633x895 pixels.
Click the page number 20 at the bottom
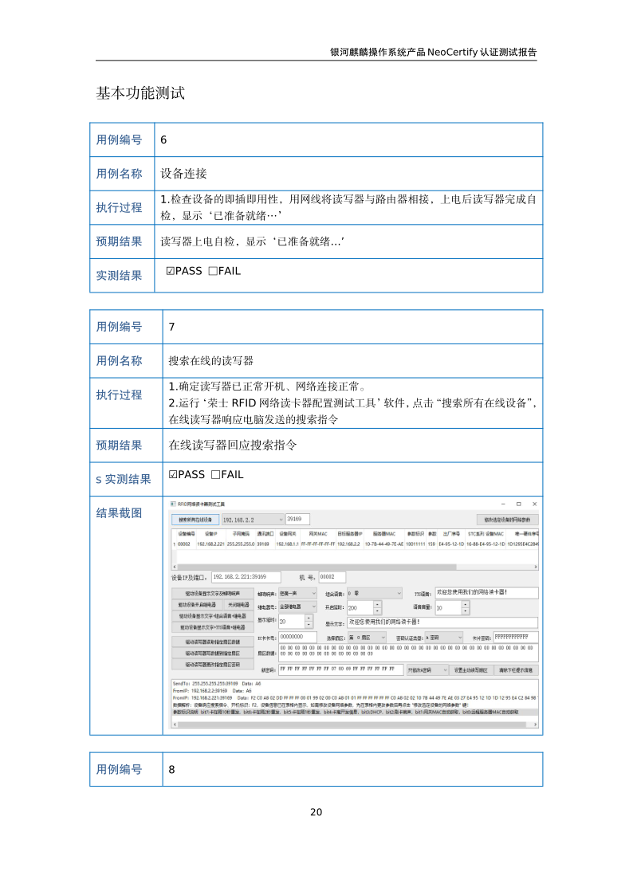316,812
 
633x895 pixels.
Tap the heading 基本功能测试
140,93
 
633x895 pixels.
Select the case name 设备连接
184,174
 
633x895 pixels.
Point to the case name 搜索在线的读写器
210,361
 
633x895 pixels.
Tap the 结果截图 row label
119,512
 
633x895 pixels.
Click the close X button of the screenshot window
535,504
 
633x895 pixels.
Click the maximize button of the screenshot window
518,504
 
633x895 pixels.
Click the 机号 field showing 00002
332,577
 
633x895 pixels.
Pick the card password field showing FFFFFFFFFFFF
514,637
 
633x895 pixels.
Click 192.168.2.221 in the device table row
210,544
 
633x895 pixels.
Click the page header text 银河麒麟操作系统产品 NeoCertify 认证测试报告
433,52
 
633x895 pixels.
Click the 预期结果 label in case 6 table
119,241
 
